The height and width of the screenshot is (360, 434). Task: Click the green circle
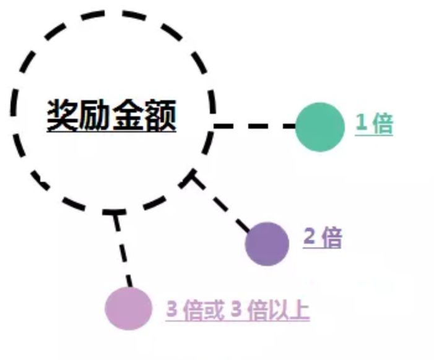pos(319,127)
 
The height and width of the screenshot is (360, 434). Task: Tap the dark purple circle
pos(267,243)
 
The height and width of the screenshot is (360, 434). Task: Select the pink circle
pos(128,307)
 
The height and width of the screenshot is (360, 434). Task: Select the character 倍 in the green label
pos(383,123)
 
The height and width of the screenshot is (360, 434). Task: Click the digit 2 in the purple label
pos(308,237)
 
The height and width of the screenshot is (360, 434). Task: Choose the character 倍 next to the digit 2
pos(331,237)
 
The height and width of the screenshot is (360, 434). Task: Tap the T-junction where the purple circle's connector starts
pos(194,178)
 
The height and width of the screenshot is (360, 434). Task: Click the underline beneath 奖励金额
pos(111,132)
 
